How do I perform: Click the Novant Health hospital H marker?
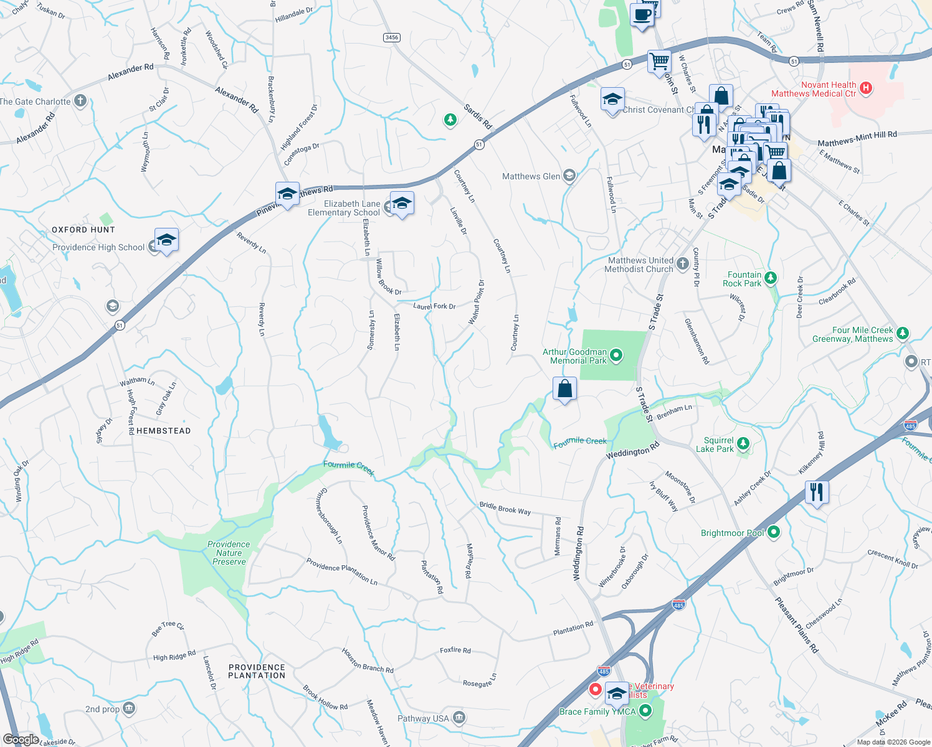(865, 88)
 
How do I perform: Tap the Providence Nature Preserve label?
(229, 553)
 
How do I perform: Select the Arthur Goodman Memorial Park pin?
(616, 355)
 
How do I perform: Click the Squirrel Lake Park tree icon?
(743, 444)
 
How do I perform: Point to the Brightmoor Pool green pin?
(774, 532)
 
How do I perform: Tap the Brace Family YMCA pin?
(645, 710)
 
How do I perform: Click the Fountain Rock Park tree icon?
(771, 278)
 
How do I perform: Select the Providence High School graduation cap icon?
(166, 240)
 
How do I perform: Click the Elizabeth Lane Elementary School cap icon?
(402, 204)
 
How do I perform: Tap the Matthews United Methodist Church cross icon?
(682, 264)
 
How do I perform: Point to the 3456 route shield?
(391, 37)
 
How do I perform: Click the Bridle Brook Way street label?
(505, 509)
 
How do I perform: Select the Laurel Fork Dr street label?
(434, 306)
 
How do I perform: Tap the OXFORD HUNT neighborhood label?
(83, 230)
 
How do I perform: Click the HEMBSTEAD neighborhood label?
(163, 431)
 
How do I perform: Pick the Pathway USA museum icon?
(459, 718)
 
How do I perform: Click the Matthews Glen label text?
(531, 176)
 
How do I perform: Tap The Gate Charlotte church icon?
(80, 101)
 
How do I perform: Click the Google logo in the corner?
(21, 740)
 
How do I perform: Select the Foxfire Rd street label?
(455, 650)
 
